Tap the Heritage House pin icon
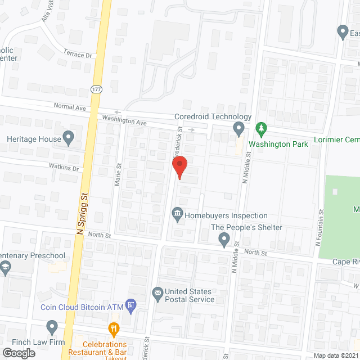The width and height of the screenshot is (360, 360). [69, 137]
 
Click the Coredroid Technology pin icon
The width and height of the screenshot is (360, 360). [238, 130]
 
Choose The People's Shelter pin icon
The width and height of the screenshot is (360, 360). [224, 240]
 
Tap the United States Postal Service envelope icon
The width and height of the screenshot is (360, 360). [157, 293]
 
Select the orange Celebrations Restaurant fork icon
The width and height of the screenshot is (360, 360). [113, 329]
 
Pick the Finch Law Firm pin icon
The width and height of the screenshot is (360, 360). [52, 326]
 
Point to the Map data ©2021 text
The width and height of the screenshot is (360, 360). [335, 355]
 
